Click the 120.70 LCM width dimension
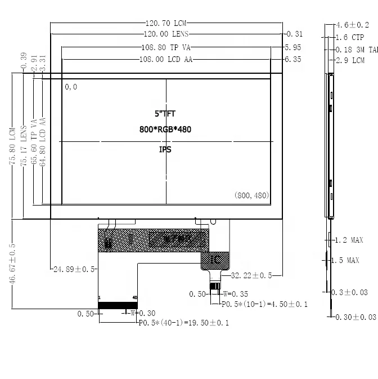(x=166, y=24)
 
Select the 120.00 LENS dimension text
(x=166, y=34)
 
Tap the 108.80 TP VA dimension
(x=165, y=48)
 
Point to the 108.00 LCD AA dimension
(x=165, y=59)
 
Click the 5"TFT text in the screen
(x=165, y=114)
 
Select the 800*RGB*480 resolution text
(x=165, y=130)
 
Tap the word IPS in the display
(x=165, y=150)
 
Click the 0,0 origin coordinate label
(x=71, y=87)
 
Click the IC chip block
(x=216, y=260)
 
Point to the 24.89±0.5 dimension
(x=74, y=270)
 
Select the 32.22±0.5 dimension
(x=251, y=275)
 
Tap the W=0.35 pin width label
(x=236, y=294)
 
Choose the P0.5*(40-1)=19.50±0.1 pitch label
(x=183, y=323)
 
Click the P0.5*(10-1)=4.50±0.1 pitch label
(x=264, y=304)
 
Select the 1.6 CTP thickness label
(x=349, y=38)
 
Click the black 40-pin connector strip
(x=118, y=305)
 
